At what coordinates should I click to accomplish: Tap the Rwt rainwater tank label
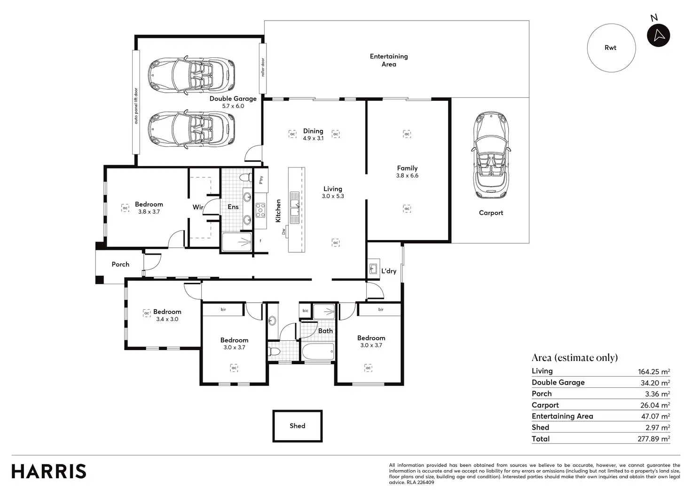(x=610, y=48)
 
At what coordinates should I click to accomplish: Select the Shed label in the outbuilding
(x=297, y=426)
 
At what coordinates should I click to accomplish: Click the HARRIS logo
(x=49, y=471)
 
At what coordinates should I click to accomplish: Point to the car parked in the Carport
(x=491, y=155)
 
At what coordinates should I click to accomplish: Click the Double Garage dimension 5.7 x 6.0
(x=233, y=106)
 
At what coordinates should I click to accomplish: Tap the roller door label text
(x=263, y=67)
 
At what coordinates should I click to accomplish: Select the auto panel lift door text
(x=136, y=106)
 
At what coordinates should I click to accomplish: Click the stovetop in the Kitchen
(x=260, y=210)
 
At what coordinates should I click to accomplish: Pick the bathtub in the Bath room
(x=318, y=352)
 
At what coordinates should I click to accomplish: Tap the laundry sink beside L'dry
(x=373, y=269)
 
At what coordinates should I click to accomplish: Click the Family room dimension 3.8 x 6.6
(x=407, y=176)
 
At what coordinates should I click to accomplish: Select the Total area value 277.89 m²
(x=654, y=439)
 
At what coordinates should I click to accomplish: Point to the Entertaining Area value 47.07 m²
(x=655, y=417)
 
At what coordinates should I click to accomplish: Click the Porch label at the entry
(x=120, y=265)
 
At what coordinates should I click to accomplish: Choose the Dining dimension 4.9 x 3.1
(x=313, y=138)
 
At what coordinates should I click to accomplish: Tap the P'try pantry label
(x=261, y=180)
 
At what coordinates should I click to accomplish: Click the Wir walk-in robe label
(x=198, y=207)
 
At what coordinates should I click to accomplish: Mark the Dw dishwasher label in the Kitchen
(x=283, y=232)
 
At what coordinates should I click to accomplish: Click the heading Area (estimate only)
(x=574, y=358)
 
